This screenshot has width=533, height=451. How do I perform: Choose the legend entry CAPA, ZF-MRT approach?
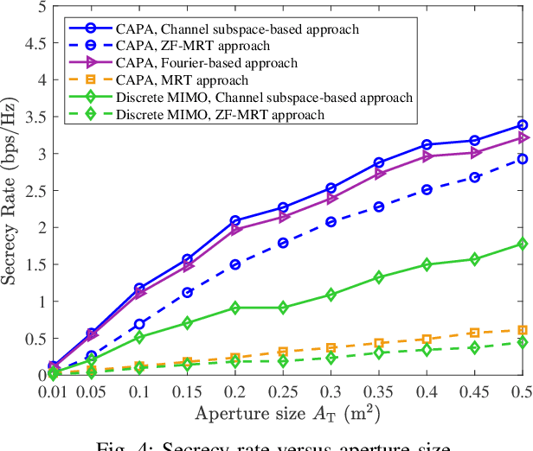coord(190,45)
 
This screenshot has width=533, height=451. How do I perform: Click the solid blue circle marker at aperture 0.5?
coord(522,125)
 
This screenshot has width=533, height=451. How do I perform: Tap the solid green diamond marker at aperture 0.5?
coord(522,244)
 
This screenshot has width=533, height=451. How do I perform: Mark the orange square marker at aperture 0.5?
coord(522,330)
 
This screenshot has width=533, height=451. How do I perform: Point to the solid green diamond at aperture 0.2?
coord(236,308)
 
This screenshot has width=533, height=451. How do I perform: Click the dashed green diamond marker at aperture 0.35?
coord(379,353)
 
